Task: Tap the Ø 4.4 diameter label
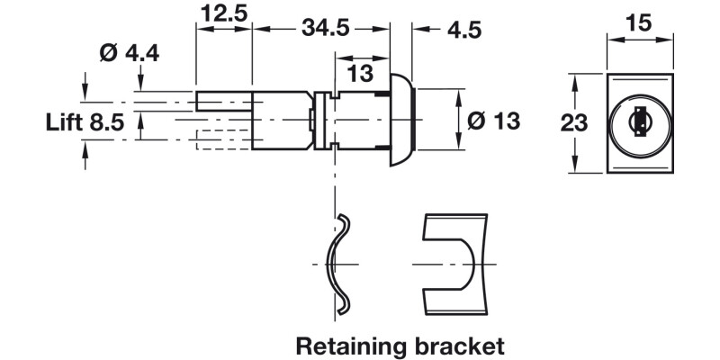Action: (x=130, y=53)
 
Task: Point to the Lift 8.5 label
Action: (x=85, y=122)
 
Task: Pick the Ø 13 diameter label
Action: (x=493, y=119)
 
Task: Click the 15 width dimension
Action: (x=640, y=23)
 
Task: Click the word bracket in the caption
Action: (x=459, y=345)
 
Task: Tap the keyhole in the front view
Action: (x=641, y=121)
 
